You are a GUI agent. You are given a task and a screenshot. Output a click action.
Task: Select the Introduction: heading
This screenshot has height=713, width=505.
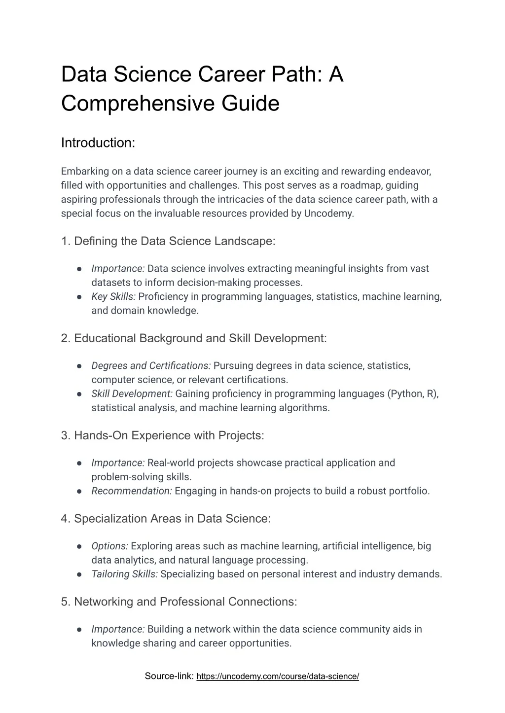[x=98, y=143]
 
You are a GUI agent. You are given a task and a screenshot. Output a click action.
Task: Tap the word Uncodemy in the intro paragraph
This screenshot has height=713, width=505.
[x=328, y=214]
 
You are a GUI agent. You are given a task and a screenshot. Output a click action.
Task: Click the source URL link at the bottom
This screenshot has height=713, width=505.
[x=277, y=677]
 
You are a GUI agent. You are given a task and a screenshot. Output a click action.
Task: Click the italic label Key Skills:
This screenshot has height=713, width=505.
[x=113, y=296]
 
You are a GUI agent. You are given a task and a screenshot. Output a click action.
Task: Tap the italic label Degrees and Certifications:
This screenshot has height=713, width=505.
[x=151, y=366]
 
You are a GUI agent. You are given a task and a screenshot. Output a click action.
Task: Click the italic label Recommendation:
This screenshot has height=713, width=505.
[x=132, y=491]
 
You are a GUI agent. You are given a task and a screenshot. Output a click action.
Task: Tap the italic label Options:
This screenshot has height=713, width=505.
[x=109, y=546]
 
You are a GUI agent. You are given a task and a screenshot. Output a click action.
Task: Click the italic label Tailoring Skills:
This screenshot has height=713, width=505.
[x=124, y=574]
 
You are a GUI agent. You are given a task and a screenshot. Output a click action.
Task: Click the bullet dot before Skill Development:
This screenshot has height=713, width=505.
[x=79, y=394]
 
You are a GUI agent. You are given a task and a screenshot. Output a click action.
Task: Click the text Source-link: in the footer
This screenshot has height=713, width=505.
[x=169, y=676]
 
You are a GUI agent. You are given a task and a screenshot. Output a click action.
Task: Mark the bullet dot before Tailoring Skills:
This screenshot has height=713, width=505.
[x=79, y=574]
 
